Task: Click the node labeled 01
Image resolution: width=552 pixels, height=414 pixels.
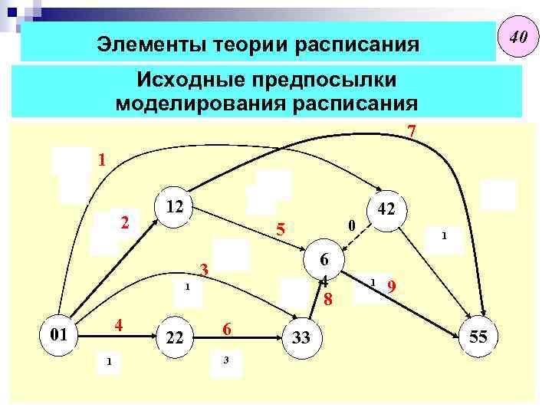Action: coord(58,336)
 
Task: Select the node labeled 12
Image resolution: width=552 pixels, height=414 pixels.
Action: coord(175,206)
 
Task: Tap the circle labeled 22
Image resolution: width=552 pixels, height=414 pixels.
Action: coord(175,337)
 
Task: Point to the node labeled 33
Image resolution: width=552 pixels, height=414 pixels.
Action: coord(301,337)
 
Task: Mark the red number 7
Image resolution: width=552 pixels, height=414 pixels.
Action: coord(412,132)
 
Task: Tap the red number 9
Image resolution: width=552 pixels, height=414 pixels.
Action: coord(391,287)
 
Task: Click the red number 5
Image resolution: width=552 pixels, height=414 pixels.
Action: coord(281,229)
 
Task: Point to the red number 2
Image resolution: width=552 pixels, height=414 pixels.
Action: coord(125,223)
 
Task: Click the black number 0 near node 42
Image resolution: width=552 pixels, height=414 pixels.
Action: coord(350,225)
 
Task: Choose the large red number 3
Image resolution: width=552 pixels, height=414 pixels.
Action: coord(204,270)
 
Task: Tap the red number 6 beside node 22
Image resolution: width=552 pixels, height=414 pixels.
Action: coord(227,327)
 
